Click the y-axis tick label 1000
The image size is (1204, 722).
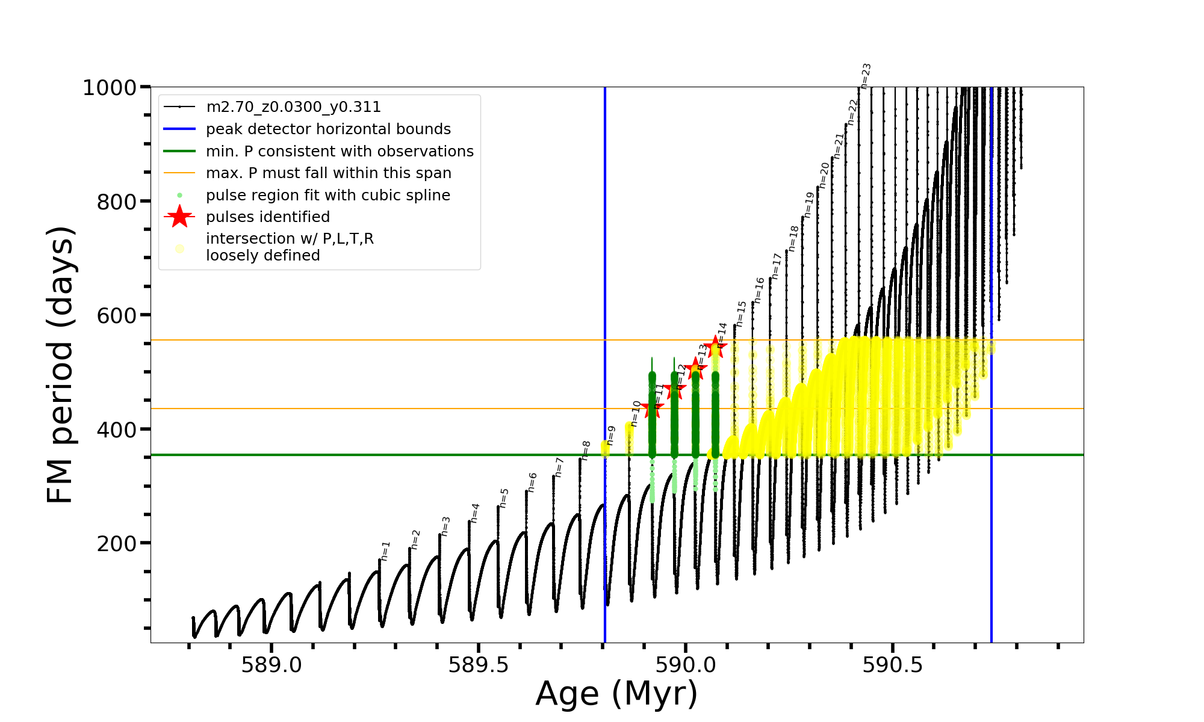(x=110, y=88)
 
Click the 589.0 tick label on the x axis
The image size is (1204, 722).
(x=272, y=665)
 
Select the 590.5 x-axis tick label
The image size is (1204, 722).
(x=893, y=665)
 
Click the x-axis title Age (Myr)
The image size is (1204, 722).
(x=616, y=694)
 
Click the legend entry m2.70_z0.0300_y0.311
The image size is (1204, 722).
(x=293, y=107)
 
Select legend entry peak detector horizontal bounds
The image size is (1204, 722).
(x=328, y=129)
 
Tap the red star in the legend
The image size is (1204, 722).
(x=179, y=217)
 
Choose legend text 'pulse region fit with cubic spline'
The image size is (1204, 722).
(x=327, y=196)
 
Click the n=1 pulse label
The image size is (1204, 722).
(x=385, y=551)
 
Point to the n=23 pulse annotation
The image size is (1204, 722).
(x=866, y=76)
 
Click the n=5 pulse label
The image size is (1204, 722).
(x=504, y=498)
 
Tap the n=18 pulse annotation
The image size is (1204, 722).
(x=793, y=238)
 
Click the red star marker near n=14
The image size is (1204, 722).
(x=715, y=347)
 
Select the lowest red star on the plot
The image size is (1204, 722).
(x=652, y=409)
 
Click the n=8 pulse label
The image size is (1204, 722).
(x=586, y=450)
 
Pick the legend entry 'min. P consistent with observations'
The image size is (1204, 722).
(x=340, y=152)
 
